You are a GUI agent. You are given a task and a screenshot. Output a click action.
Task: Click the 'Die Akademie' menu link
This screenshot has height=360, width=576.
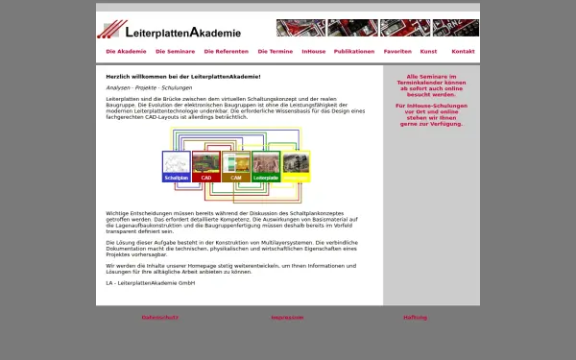126,51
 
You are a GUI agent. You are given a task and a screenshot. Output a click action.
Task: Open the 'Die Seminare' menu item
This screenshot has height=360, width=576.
175,51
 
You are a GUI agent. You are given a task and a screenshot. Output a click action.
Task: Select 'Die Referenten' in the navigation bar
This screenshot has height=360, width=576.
226,51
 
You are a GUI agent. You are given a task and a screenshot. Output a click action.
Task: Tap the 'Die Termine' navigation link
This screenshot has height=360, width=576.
275,51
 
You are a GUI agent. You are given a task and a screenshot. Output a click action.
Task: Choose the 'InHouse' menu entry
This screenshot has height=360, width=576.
313,51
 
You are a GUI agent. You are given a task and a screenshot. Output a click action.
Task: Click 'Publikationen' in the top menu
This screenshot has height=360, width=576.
354,51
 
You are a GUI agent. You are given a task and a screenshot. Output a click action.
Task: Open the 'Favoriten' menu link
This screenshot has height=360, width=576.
397,51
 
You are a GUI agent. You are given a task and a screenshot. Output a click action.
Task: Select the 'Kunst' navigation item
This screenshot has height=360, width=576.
428,51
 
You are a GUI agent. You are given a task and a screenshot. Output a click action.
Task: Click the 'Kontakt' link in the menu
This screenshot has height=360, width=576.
463,51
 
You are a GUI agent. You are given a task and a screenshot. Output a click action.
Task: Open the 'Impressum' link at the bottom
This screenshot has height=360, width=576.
287,317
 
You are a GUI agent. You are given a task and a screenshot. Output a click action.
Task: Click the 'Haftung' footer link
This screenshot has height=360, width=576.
415,317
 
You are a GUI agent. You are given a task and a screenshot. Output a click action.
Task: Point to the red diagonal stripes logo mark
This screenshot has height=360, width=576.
113,29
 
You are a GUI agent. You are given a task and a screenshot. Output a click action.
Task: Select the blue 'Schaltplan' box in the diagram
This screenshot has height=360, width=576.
177,167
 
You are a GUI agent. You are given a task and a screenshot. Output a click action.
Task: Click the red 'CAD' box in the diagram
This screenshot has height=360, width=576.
206,167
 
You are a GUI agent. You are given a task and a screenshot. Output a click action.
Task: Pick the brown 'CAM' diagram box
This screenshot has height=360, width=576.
236,167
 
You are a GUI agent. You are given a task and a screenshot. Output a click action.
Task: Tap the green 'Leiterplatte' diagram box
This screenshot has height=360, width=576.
265,167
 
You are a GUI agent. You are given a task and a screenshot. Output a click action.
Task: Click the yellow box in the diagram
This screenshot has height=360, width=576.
296,167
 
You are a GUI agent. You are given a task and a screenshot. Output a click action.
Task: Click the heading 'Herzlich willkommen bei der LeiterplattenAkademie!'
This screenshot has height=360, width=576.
183,76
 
